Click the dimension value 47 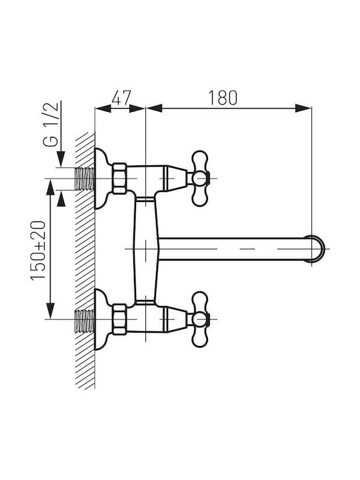[121, 98]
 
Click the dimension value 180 [223, 98]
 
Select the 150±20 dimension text [38, 250]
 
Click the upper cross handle [201, 178]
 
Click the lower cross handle [201, 319]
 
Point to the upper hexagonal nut [119, 179]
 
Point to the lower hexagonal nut [119, 319]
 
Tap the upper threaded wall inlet [85, 179]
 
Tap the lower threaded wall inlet [85, 321]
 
